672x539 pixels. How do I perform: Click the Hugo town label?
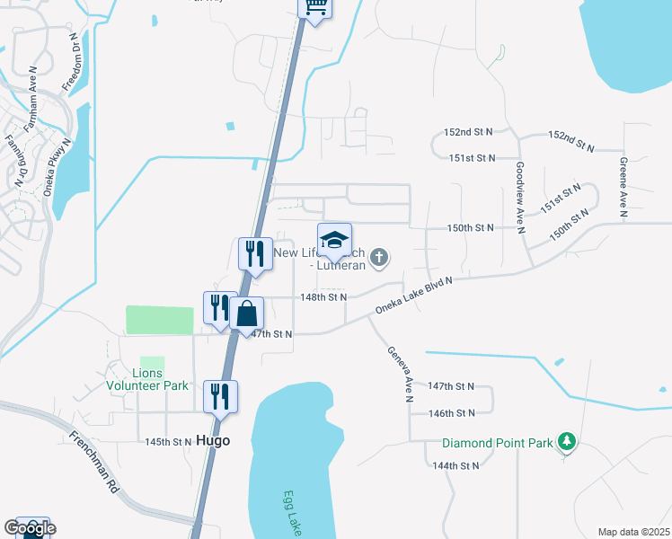tap(213, 441)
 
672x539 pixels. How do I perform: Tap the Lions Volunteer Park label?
tap(148, 379)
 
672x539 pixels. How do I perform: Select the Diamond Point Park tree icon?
tap(566, 442)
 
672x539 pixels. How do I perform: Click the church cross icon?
tap(379, 259)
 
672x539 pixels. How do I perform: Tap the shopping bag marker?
tap(247, 314)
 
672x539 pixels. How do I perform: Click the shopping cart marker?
tap(315, 7)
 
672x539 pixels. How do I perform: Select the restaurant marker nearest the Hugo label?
tap(221, 396)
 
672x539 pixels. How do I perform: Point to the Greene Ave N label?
tap(622, 187)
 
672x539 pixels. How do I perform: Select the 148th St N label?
tap(323, 296)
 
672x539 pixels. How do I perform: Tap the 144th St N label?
tap(455, 465)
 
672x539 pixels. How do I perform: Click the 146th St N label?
tap(452, 413)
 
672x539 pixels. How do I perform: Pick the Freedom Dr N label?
tap(77, 63)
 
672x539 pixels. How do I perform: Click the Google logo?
tap(30, 528)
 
